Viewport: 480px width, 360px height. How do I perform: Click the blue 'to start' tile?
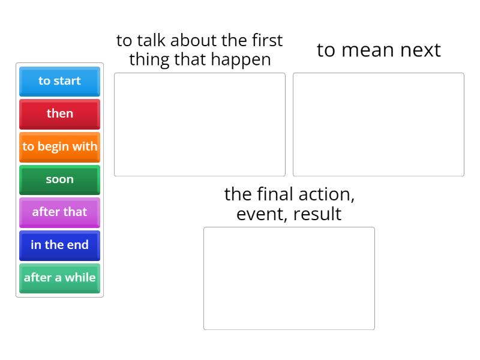(59, 82)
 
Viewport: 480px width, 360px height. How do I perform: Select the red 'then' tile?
(59, 114)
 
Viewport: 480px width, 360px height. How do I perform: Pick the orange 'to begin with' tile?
(59, 147)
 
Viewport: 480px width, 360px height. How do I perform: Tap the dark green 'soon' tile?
(59, 180)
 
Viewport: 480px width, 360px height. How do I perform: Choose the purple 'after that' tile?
(59, 213)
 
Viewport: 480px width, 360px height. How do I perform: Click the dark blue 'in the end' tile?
(59, 245)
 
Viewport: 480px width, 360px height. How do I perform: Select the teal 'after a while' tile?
(59, 278)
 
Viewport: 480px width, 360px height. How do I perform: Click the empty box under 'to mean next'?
(379, 125)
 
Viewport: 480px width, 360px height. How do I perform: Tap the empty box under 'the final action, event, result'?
(289, 278)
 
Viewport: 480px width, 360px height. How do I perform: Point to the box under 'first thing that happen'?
(200, 125)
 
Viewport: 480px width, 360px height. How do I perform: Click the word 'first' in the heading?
(267, 40)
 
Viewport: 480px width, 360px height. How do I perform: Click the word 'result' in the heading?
(317, 214)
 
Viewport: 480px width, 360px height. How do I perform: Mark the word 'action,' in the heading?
(326, 194)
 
